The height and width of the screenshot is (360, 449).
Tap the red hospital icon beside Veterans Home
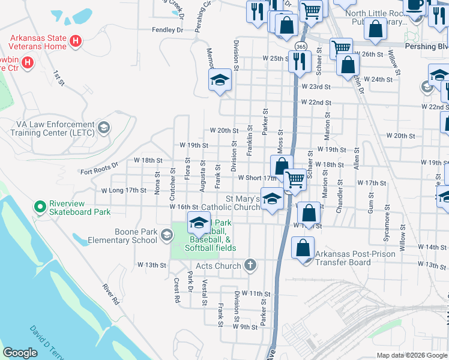coord(76,41)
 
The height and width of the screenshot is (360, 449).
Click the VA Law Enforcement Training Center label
coord(47,128)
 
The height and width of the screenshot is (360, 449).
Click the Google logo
coord(20,353)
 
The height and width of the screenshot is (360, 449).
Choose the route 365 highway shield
coord(300,46)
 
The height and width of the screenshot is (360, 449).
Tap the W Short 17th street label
coord(257,178)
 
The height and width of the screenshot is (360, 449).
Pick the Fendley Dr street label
coord(167,29)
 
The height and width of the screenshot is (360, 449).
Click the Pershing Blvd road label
coord(430,46)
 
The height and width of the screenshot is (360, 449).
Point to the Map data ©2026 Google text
coord(412,355)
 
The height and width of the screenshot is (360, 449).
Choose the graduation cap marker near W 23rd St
coord(220,80)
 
